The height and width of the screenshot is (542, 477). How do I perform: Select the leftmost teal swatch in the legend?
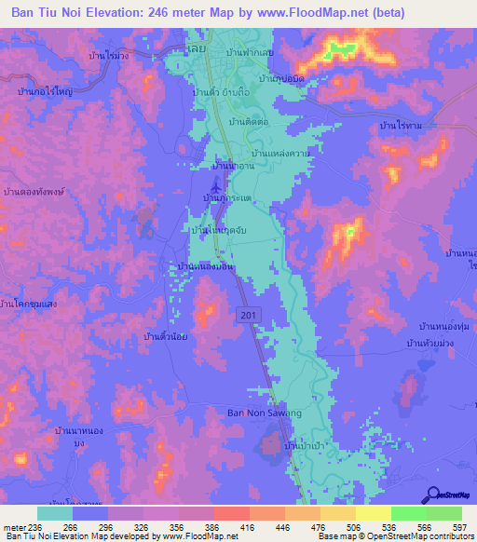[55, 513]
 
